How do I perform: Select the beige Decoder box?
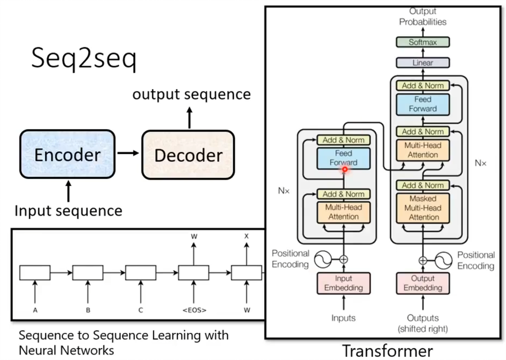click(188, 155)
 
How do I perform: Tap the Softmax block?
click(422, 42)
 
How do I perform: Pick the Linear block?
click(422, 63)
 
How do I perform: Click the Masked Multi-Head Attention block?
click(422, 208)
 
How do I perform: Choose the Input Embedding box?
click(343, 283)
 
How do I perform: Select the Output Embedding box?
click(422, 283)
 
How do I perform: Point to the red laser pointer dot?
click(345, 169)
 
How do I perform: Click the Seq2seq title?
click(84, 59)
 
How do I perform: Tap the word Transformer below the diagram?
click(387, 351)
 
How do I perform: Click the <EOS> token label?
click(194, 310)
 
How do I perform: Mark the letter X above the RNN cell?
click(246, 236)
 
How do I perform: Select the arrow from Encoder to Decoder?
click(128, 153)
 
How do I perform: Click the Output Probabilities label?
click(422, 17)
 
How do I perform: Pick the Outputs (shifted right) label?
click(422, 323)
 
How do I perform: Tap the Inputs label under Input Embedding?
click(343, 318)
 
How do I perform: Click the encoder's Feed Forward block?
click(343, 157)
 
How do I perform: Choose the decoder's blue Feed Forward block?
click(422, 104)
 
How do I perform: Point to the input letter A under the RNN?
click(35, 310)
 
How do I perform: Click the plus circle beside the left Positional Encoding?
click(343, 259)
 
